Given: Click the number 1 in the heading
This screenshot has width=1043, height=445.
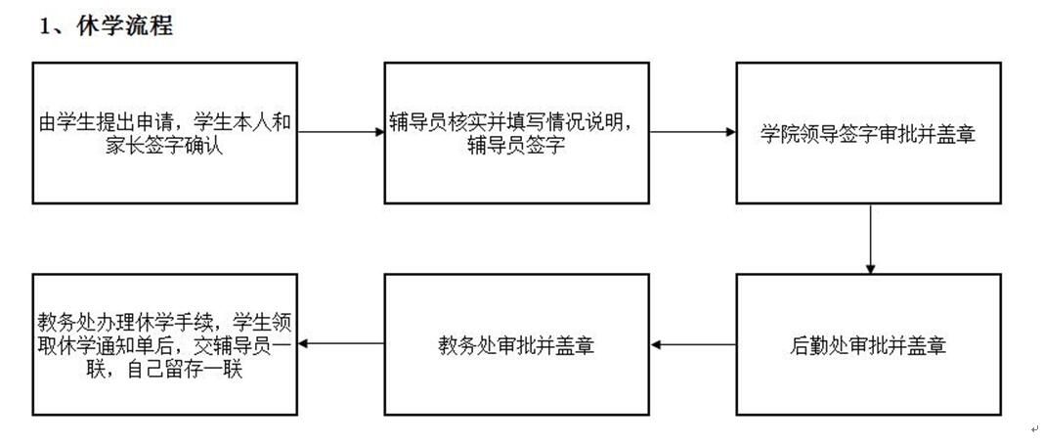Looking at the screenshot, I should (x=45, y=27).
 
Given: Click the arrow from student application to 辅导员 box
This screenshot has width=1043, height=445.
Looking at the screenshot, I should (x=341, y=133).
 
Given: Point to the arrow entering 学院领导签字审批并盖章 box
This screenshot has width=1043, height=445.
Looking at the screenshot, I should (x=693, y=133).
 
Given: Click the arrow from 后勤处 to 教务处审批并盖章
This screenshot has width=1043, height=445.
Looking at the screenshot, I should (x=693, y=344).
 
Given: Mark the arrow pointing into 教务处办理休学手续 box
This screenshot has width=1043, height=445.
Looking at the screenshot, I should (x=341, y=344).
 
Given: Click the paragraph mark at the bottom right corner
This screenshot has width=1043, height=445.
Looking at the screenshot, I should (x=1034, y=429).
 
